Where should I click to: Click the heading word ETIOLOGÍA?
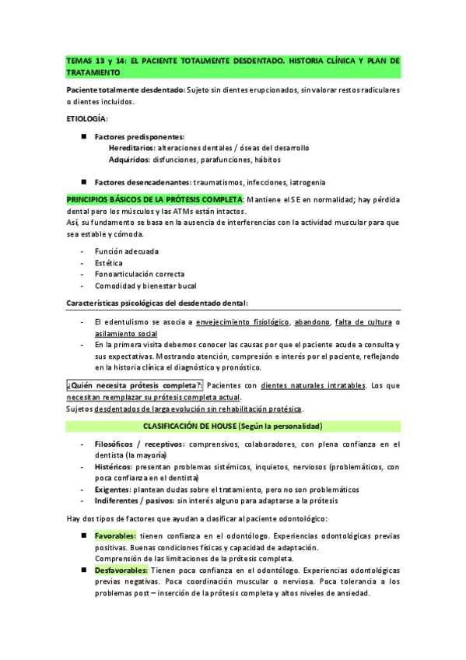pos(89,118)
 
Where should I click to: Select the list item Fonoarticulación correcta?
pos(139,275)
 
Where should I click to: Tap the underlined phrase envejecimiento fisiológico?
pos(243,322)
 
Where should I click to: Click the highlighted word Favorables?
pos(115,535)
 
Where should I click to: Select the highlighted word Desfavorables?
pos(121,570)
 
